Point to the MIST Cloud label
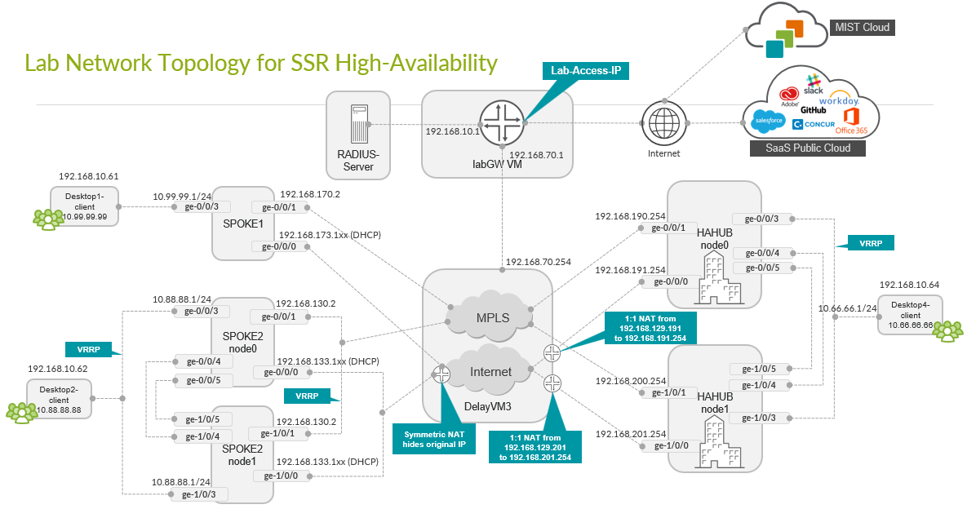coord(860,28)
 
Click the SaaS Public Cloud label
coord(807,148)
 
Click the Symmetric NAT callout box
coord(433,439)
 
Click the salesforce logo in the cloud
coord(769,122)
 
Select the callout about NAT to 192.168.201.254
coord(535,448)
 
